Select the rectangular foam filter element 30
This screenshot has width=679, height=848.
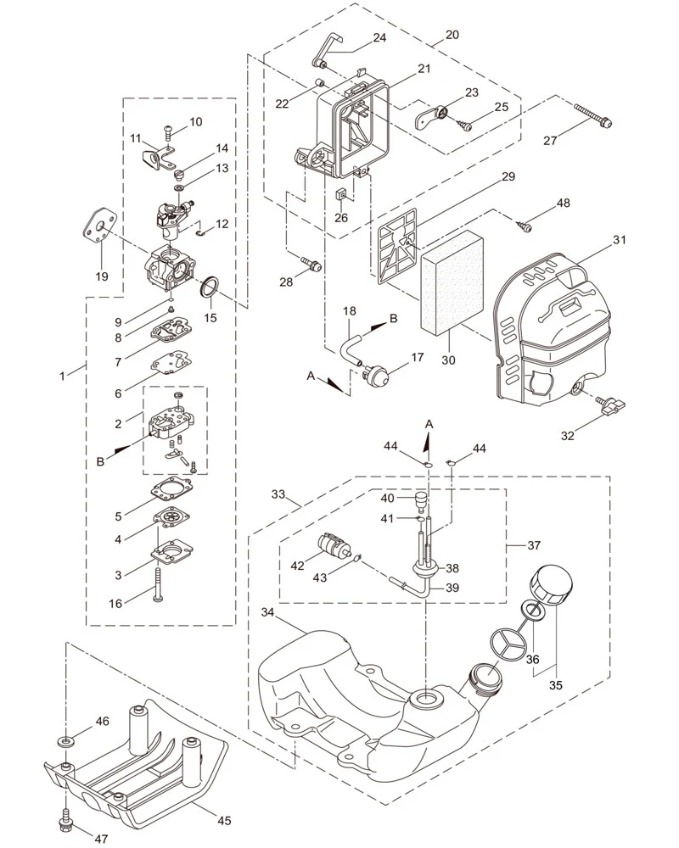click(451, 282)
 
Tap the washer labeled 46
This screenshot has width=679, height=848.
click(66, 740)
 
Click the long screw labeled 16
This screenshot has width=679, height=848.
click(158, 584)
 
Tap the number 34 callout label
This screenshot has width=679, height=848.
click(267, 612)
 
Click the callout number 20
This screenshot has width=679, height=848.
click(452, 35)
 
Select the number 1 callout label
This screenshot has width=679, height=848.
click(62, 376)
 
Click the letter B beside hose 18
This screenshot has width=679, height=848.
click(394, 319)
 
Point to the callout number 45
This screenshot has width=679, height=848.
click(224, 820)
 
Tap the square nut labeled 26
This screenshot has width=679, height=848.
click(340, 193)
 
